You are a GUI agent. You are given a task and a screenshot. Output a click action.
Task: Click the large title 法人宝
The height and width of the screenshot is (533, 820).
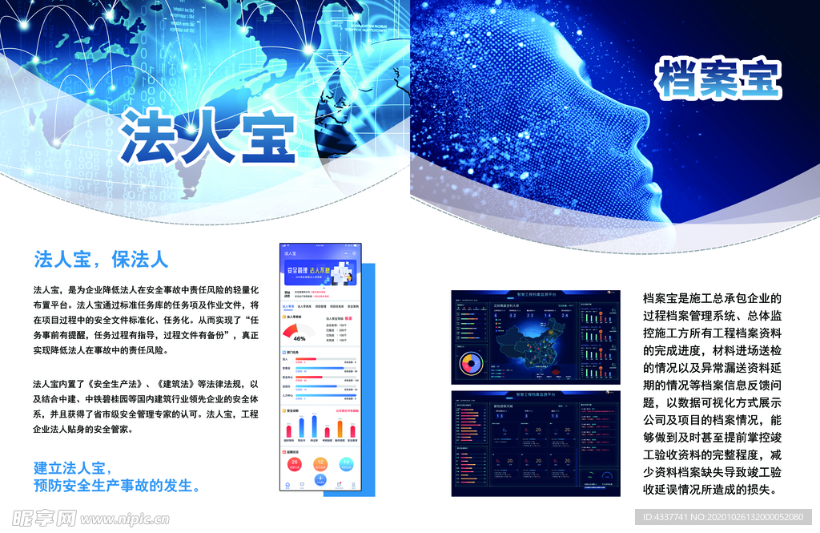(x=207, y=136)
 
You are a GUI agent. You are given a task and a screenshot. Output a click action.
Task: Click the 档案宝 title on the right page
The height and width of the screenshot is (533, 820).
(x=718, y=79)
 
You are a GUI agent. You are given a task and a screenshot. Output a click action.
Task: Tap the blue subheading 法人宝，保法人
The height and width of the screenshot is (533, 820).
(x=101, y=260)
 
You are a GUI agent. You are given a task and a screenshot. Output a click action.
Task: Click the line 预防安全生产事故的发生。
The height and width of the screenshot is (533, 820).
(x=118, y=486)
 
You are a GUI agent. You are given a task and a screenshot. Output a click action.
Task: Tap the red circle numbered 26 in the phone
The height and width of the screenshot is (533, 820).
(x=295, y=462)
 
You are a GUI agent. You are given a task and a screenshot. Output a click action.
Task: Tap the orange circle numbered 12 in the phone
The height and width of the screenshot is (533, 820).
(x=320, y=462)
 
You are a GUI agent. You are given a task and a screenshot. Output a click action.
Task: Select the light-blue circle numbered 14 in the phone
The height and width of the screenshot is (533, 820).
(x=345, y=462)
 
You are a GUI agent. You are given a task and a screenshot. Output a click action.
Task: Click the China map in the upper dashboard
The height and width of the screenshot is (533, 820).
(x=532, y=341)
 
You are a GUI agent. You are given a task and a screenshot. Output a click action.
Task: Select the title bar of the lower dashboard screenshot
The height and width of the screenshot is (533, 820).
(x=535, y=394)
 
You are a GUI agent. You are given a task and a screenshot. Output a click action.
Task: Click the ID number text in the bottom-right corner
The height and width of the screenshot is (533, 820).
(x=729, y=518)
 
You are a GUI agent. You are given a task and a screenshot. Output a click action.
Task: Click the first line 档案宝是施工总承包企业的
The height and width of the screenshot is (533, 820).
(x=711, y=298)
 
